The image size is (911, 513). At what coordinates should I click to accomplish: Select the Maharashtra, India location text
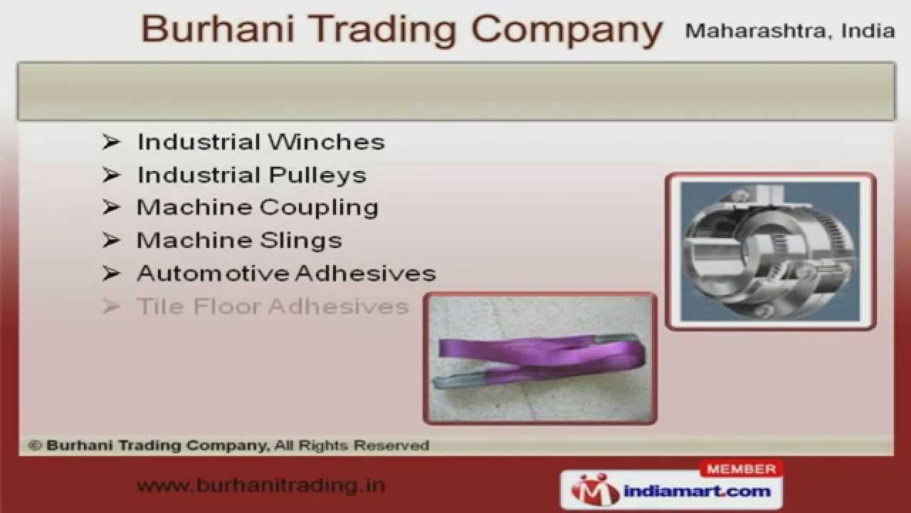(789, 31)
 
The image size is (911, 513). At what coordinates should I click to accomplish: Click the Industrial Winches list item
(260, 142)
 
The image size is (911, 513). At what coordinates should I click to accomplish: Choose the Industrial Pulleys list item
(251, 175)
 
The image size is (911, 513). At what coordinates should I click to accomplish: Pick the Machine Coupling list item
(257, 207)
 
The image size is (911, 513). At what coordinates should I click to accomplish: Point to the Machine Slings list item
(239, 240)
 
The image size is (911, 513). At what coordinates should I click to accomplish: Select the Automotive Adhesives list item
(286, 273)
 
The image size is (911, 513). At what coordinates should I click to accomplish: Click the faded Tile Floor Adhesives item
(273, 306)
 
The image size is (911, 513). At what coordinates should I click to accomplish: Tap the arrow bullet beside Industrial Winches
(111, 142)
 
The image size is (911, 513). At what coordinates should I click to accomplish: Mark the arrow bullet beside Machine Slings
(111, 240)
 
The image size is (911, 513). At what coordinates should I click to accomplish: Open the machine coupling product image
(770, 251)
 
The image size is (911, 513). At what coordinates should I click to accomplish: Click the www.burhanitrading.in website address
(260, 486)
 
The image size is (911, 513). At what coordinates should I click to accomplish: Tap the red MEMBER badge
(742, 470)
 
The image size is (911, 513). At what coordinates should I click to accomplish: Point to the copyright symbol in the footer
(34, 446)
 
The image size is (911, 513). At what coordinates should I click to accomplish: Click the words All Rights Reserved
(364, 446)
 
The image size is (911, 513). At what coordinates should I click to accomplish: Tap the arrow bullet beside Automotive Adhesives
(111, 273)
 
